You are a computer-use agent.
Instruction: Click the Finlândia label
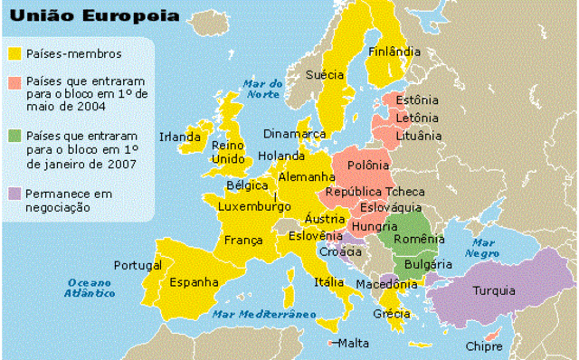coord(394,52)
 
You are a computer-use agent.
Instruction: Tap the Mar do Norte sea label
coord(263,88)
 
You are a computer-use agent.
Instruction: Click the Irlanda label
coord(179,137)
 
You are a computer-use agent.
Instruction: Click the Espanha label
coord(191,282)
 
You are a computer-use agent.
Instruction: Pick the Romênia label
coord(420,239)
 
